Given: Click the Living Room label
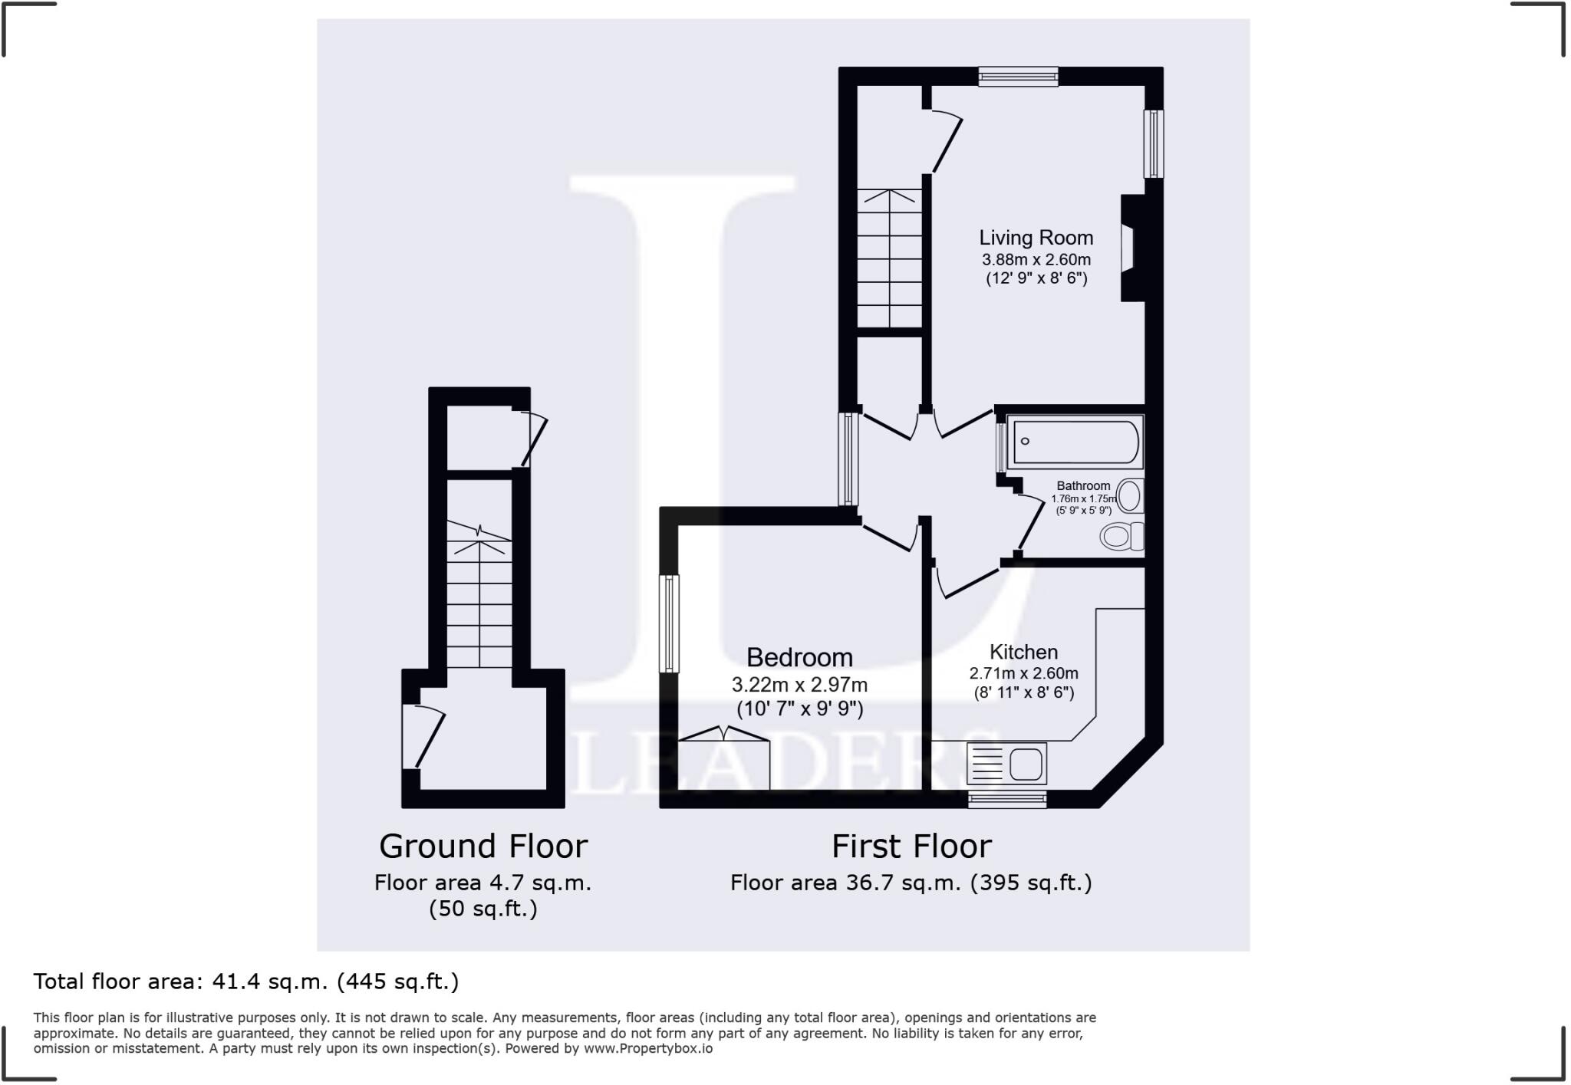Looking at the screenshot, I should [x=1036, y=238].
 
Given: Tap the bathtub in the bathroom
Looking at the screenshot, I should [x=1075, y=442].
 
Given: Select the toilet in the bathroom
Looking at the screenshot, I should [x=1121, y=536].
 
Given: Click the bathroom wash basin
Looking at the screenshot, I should [x=1129, y=496].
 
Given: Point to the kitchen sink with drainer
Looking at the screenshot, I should [x=1007, y=764].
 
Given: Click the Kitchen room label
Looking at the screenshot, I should [x=1023, y=652].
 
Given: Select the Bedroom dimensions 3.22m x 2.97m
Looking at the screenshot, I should [x=799, y=684].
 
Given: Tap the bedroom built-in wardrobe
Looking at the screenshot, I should [x=723, y=762].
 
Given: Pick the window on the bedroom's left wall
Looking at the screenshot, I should [x=670, y=623].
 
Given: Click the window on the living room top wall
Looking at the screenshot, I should [x=1018, y=75].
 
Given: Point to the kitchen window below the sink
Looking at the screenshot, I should [x=1007, y=800].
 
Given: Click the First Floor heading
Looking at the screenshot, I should [x=911, y=847].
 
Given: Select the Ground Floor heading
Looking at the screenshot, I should [x=483, y=847].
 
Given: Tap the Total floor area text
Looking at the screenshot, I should [x=245, y=981].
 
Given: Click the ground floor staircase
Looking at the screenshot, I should [x=479, y=598].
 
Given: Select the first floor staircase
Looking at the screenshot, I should [x=889, y=258].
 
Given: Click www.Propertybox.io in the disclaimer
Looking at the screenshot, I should [x=647, y=1048].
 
